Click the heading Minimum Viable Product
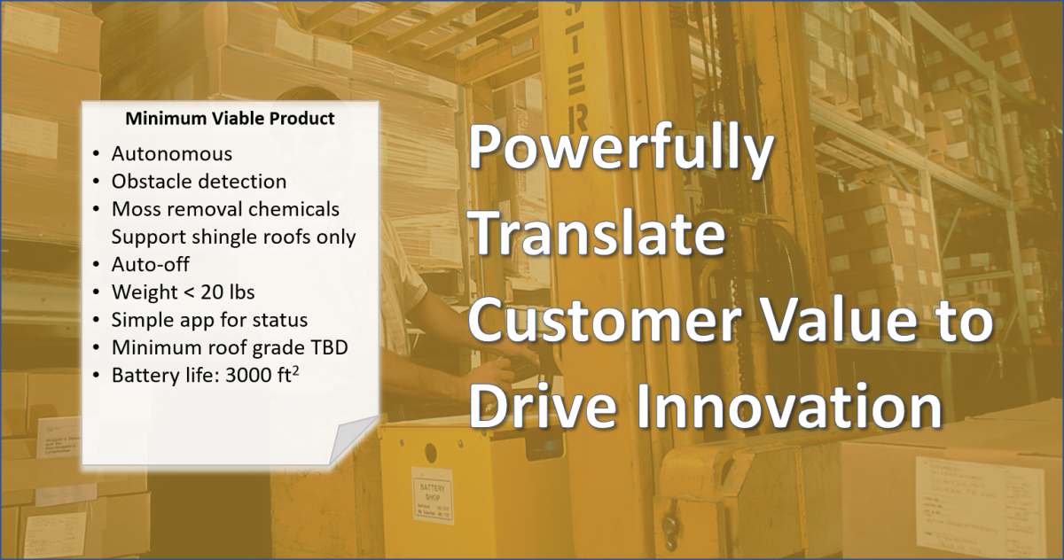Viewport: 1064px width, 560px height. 230,119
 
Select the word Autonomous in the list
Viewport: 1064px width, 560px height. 172,154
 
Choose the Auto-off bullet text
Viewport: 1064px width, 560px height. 151,264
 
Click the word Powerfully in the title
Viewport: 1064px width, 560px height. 621,150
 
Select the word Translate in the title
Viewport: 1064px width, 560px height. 598,233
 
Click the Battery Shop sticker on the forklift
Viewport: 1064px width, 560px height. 433,495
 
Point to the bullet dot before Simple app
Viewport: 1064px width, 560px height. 97,321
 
